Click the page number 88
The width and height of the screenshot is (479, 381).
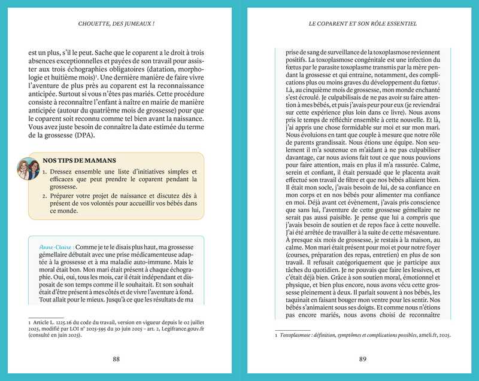[116, 359]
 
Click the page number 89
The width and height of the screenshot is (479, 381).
[362, 359]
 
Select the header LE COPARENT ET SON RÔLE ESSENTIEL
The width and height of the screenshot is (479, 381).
[362, 24]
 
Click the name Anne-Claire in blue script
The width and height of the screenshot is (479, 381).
[56, 247]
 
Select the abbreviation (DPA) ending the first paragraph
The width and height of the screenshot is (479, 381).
[85, 136]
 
